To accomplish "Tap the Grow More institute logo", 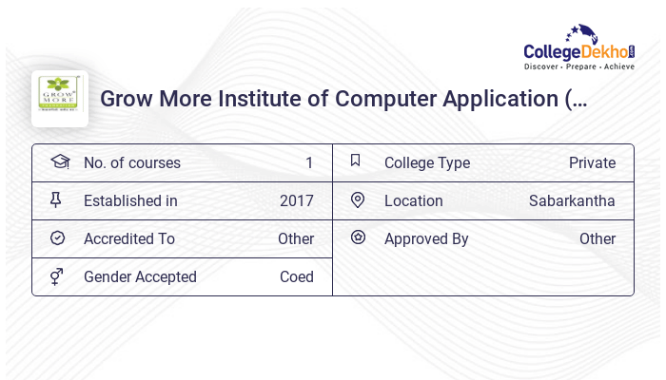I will (x=60, y=99).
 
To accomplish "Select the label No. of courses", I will (x=131, y=163).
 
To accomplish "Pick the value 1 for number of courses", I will (x=309, y=163).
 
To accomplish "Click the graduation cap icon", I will (x=59, y=161).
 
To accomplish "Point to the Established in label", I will (x=130, y=201).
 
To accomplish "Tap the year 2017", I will (x=297, y=201).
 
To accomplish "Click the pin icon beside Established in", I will (x=56, y=199).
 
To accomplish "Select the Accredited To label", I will (x=129, y=239).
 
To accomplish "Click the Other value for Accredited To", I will (x=296, y=239).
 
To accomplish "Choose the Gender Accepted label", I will (x=140, y=277).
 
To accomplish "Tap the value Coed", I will (x=297, y=277).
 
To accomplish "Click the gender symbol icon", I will (x=56, y=276).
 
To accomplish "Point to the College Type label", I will (x=427, y=163).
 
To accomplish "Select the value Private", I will (x=592, y=163).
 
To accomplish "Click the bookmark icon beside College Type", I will (x=356, y=161).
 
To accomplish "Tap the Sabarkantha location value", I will (x=572, y=201).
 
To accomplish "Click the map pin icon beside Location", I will (x=358, y=199).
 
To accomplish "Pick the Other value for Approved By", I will (x=597, y=239).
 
